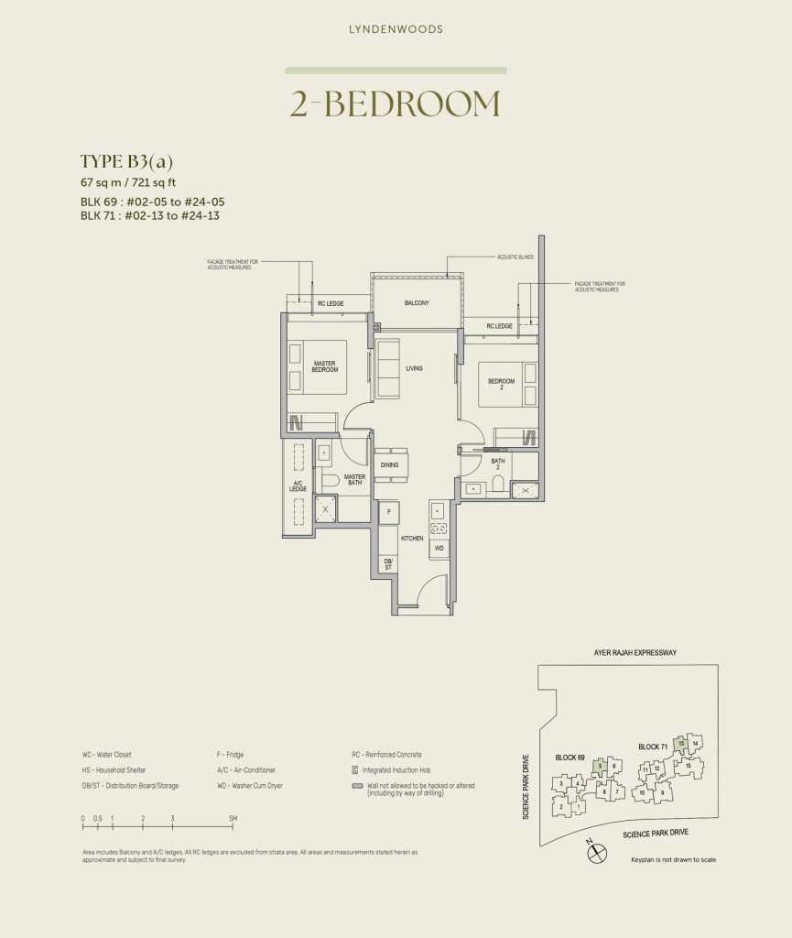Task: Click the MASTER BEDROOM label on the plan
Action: (x=325, y=366)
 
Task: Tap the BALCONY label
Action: (x=417, y=302)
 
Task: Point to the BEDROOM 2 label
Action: (x=501, y=383)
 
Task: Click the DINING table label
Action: (x=390, y=465)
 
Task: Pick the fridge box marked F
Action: (x=389, y=510)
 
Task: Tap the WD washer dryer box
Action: (x=439, y=548)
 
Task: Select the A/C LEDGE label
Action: (x=298, y=486)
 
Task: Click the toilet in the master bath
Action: (x=330, y=480)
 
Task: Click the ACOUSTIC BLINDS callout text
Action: (x=515, y=257)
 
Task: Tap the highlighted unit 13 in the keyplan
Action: (x=680, y=745)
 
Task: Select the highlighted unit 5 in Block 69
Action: (x=600, y=766)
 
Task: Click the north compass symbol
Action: (x=596, y=851)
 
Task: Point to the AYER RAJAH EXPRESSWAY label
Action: (x=632, y=652)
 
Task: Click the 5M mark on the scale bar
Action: (x=233, y=818)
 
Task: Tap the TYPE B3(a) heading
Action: (x=126, y=162)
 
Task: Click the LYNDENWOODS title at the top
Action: (x=396, y=29)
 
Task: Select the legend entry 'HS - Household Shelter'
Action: (x=114, y=770)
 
